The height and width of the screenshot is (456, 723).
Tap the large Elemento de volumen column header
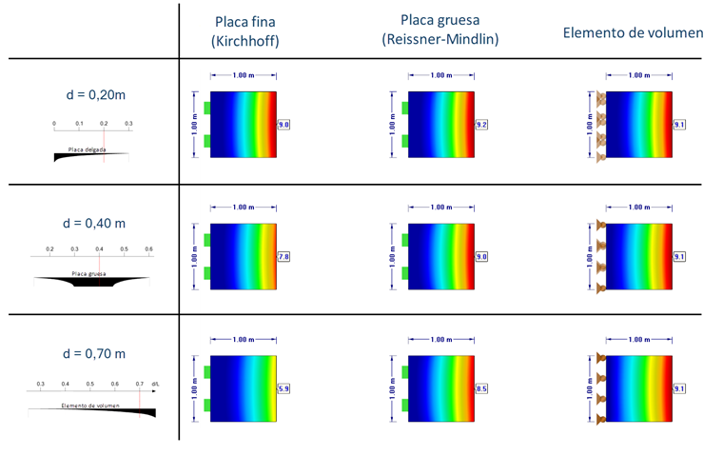[x=633, y=32]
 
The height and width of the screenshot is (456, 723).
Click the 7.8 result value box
[x=283, y=257]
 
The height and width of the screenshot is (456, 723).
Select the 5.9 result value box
[x=283, y=388]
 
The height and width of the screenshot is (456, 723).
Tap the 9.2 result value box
[x=481, y=125]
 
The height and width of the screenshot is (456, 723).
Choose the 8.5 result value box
[x=481, y=388]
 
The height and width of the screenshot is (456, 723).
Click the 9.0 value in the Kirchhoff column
[x=283, y=125]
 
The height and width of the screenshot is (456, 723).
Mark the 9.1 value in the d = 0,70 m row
[x=679, y=388]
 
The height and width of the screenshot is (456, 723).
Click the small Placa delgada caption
[x=86, y=150]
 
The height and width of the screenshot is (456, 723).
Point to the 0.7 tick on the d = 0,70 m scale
[x=139, y=384]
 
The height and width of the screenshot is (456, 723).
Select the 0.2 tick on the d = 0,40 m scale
[x=49, y=249]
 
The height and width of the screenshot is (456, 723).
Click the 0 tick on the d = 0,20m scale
[x=54, y=124]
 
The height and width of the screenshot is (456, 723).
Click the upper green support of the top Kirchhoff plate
[x=205, y=106]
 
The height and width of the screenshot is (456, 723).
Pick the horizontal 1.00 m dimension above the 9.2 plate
[x=440, y=75]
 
